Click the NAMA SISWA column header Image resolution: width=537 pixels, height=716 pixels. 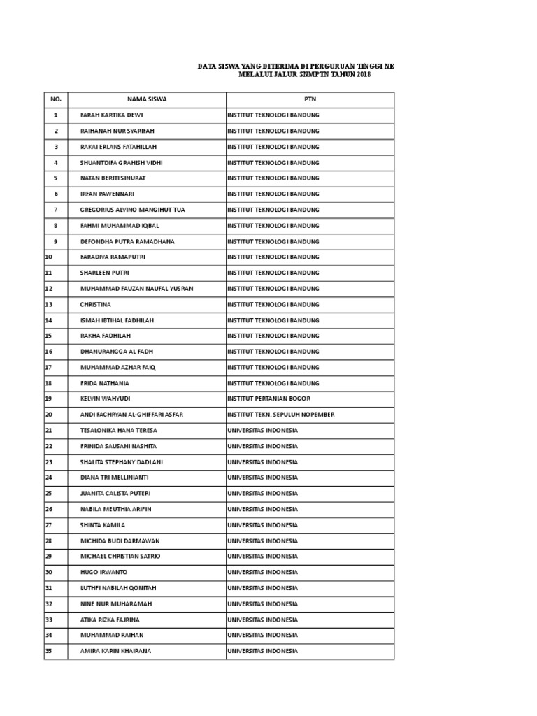[x=147, y=99]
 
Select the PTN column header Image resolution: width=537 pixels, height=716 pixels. [x=310, y=99]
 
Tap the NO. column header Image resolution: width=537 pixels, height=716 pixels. [x=56, y=99]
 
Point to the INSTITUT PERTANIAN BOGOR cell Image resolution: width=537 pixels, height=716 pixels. [x=269, y=399]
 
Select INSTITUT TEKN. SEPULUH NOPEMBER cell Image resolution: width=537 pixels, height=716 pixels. [x=280, y=415]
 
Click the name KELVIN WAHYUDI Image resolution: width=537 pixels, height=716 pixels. [x=106, y=399]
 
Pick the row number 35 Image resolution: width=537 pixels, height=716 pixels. [x=48, y=651]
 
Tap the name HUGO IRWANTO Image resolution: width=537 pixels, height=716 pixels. [x=104, y=572]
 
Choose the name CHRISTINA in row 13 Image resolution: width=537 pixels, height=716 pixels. [x=96, y=304]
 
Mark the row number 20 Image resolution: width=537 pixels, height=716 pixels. [x=48, y=415]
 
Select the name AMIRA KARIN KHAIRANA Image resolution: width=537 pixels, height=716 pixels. [x=115, y=651]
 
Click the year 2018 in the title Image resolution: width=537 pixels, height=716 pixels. [x=362, y=74]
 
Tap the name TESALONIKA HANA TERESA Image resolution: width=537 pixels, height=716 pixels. [x=119, y=430]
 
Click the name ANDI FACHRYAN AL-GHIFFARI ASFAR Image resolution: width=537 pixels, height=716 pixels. [x=132, y=415]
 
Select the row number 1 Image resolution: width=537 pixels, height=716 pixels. [x=56, y=115]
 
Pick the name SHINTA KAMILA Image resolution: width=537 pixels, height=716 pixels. [x=103, y=525]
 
